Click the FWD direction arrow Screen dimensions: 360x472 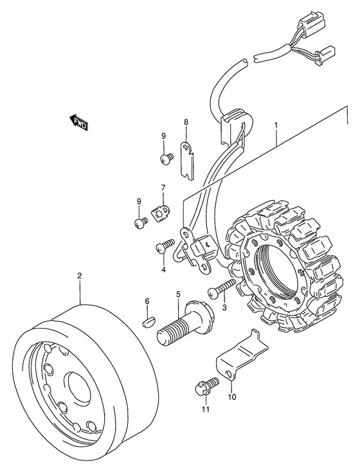coord(78,123)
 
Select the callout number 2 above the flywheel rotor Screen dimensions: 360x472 coord(80,275)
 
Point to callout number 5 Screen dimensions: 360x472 coord(178,294)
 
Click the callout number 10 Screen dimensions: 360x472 coord(232,397)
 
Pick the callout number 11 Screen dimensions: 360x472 coord(206,410)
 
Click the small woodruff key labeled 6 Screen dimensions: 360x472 coord(148,322)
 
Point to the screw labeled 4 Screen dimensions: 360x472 coord(165,245)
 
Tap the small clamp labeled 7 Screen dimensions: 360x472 coord(160,212)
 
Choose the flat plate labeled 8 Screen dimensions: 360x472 coord(187,161)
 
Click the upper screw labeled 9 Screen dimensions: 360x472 coord(167,159)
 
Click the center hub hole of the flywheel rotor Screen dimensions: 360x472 coord(80,389)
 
